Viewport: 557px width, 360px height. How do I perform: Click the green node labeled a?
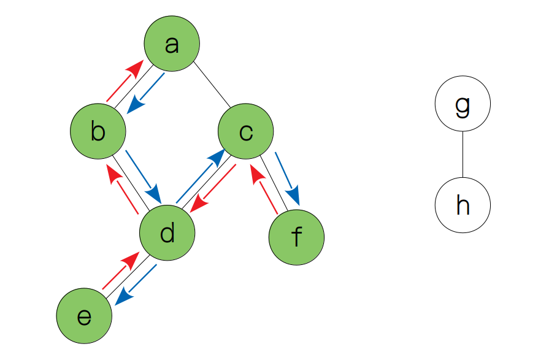pyautogui.click(x=172, y=44)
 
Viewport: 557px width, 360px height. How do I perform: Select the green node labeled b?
pyautogui.click(x=98, y=131)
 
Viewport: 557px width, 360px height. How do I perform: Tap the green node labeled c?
pyautogui.click(x=246, y=131)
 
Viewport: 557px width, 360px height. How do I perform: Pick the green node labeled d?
pyautogui.click(x=167, y=234)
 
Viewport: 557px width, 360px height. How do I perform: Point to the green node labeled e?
pyautogui.click(x=84, y=316)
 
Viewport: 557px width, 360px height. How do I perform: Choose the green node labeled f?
pyautogui.click(x=296, y=237)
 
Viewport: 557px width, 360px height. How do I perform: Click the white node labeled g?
pyautogui.click(x=463, y=104)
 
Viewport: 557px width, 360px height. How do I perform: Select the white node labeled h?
pyautogui.click(x=463, y=205)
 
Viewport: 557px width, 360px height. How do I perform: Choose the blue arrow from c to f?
pyautogui.click(x=288, y=178)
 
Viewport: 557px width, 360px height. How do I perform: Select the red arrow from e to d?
pyautogui.click(x=119, y=274)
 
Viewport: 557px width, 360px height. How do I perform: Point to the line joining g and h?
pyautogui.click(x=463, y=155)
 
